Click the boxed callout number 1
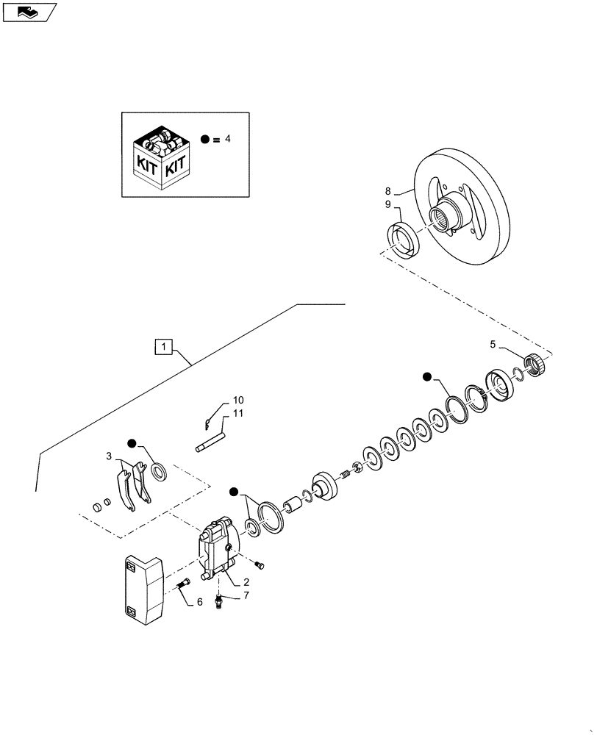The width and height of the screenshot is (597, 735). pyautogui.click(x=164, y=345)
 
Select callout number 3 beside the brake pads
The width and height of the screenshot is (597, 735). pyautogui.click(x=109, y=456)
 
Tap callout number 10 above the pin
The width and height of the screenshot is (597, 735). pyautogui.click(x=238, y=400)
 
